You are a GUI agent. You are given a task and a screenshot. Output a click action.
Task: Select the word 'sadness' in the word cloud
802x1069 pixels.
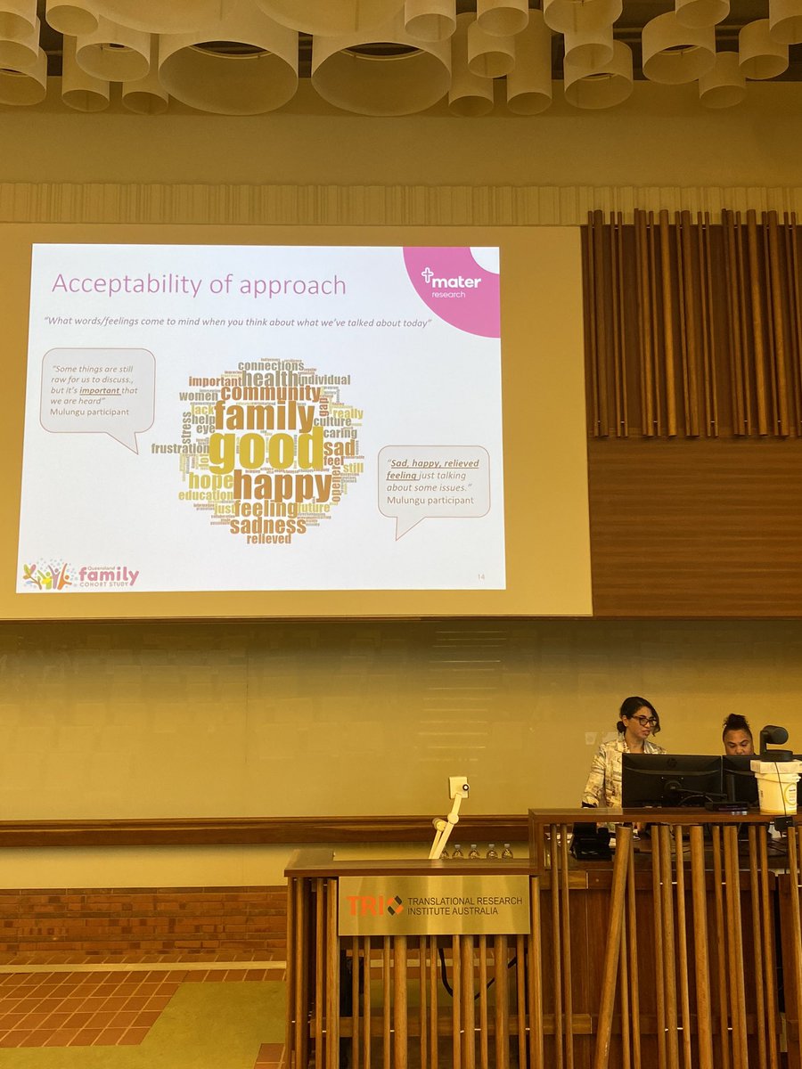tap(267, 526)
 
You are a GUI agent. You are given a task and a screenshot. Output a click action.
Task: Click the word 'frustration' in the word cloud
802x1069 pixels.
tap(179, 449)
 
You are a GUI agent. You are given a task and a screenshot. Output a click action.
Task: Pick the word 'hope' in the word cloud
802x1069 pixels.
tap(210, 481)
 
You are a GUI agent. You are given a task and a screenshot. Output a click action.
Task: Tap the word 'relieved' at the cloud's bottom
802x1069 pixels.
tap(268, 539)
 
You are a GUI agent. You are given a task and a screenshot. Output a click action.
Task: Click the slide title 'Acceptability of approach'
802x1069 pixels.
tap(199, 284)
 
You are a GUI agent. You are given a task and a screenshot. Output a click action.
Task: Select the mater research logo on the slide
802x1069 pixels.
tap(451, 284)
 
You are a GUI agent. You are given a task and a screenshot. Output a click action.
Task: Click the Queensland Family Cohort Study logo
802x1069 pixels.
tap(80, 575)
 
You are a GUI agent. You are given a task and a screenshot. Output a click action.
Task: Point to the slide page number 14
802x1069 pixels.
tap(481, 579)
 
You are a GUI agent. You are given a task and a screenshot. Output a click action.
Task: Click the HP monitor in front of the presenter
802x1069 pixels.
tap(670, 779)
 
